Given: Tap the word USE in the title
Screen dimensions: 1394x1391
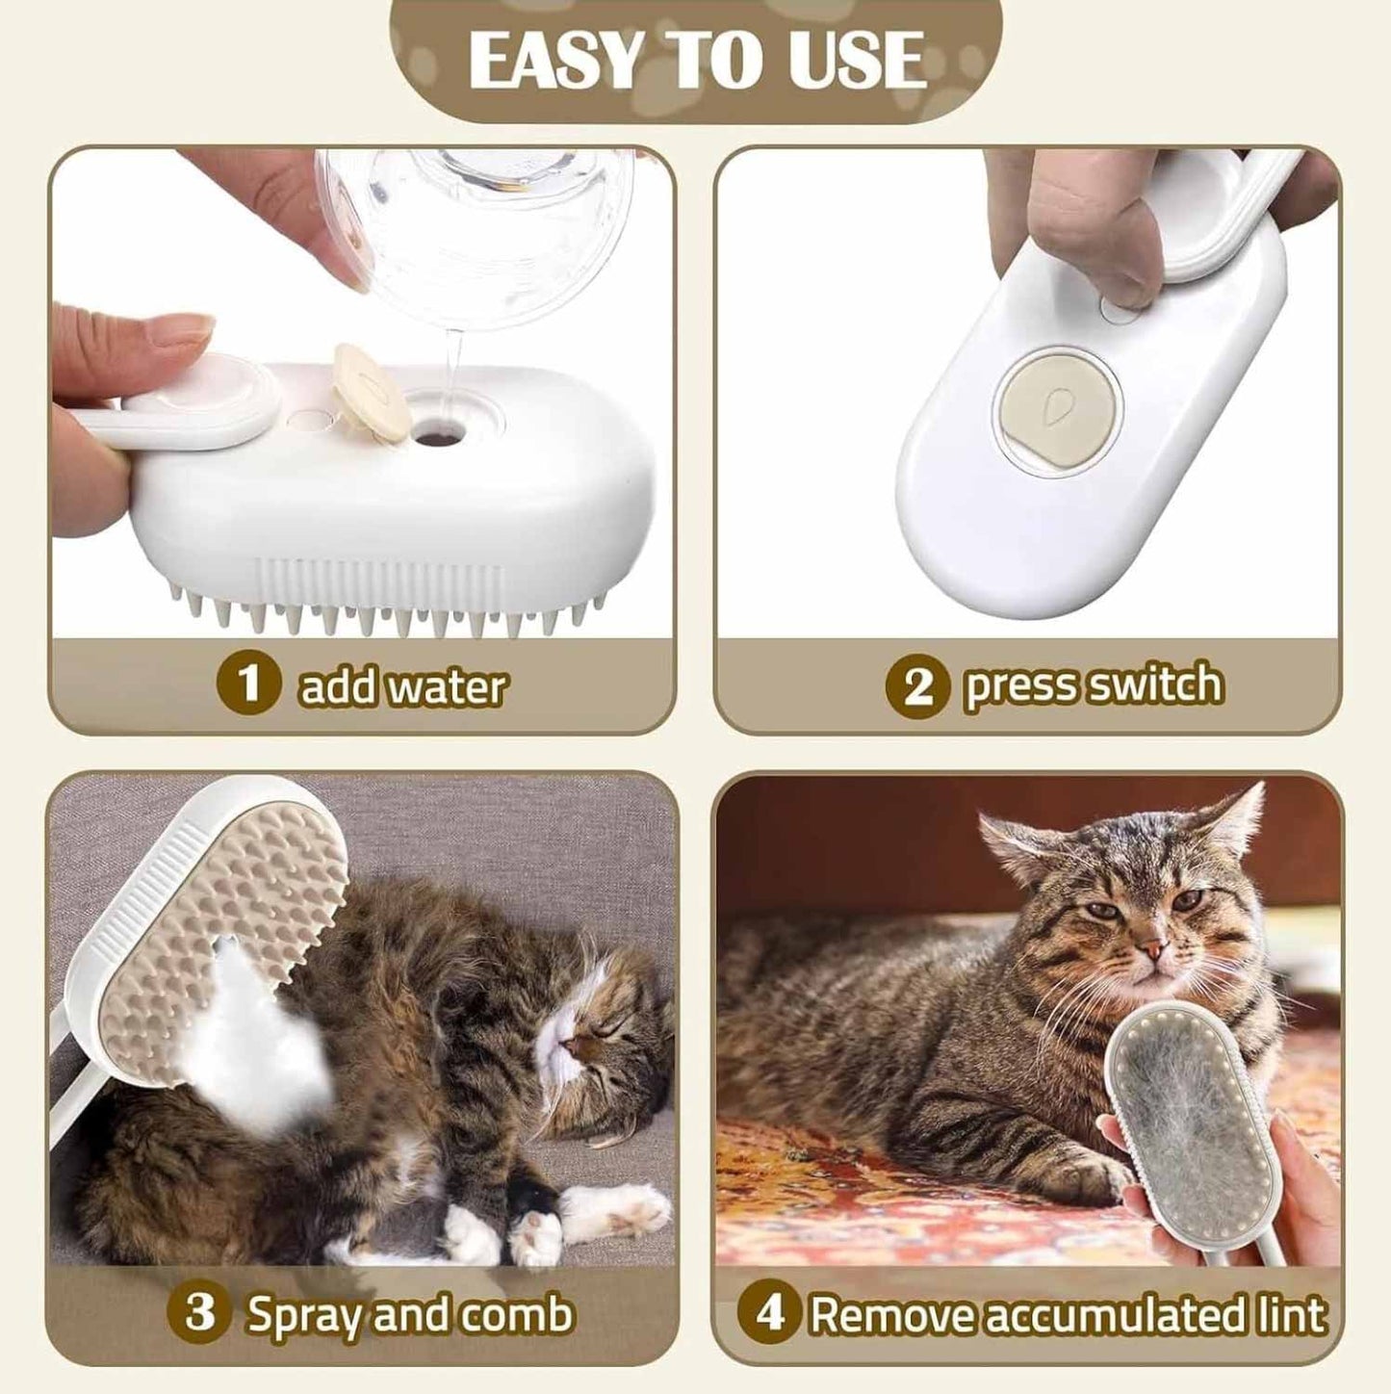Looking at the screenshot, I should click(x=853, y=60).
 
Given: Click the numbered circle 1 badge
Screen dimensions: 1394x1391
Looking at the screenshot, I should click(x=248, y=685).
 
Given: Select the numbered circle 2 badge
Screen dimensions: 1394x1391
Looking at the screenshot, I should click(x=918, y=685).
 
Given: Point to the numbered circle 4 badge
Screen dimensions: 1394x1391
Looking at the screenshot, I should click(x=770, y=1314).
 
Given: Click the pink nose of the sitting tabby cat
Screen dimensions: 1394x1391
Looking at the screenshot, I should click(x=1151, y=952).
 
